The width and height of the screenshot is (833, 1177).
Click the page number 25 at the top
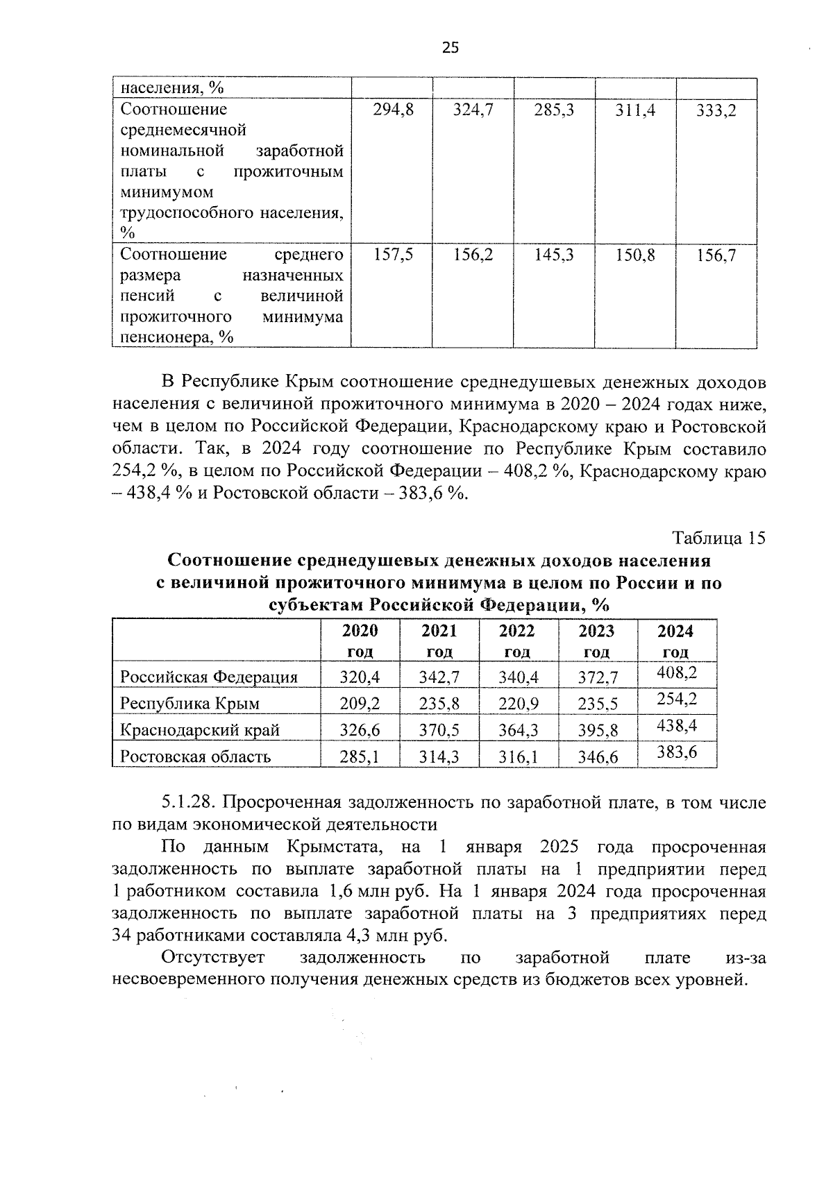point(450,47)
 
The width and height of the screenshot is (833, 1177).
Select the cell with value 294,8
point(393,110)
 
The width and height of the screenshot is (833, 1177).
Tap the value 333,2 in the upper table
point(716,110)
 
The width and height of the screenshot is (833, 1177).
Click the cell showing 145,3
point(554,255)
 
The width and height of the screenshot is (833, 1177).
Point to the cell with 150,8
point(635,255)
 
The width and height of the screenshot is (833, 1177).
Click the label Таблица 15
point(718,538)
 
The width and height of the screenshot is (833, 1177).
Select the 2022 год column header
point(518,641)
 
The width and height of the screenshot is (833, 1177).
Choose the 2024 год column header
point(675,641)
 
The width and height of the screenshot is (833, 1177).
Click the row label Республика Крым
point(190,703)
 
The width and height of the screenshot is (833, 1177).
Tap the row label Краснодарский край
point(200,729)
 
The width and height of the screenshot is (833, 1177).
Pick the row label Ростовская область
point(195,756)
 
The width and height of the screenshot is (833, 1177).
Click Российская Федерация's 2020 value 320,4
point(360,677)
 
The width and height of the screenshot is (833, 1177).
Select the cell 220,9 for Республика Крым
point(519,704)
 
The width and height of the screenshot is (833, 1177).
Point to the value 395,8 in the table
point(598,730)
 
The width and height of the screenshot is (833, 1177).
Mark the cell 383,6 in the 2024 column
point(677,752)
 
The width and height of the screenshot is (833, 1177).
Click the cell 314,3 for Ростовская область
point(439,756)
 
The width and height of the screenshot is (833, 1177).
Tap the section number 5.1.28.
point(191,802)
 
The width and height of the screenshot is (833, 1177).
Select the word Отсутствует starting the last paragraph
point(213,958)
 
